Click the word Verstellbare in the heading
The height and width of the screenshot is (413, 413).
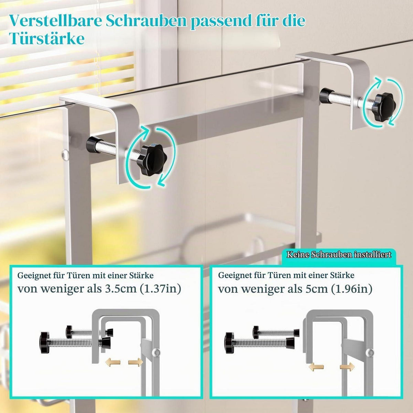pyautogui.click(x=55, y=21)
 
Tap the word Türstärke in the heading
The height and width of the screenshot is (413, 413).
pyautogui.click(x=46, y=39)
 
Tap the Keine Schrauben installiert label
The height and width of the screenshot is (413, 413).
pyautogui.click(x=339, y=255)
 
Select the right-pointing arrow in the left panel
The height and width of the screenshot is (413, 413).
pyautogui.click(x=136, y=362)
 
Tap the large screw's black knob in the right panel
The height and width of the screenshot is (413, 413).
pyautogui.click(x=230, y=345)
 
